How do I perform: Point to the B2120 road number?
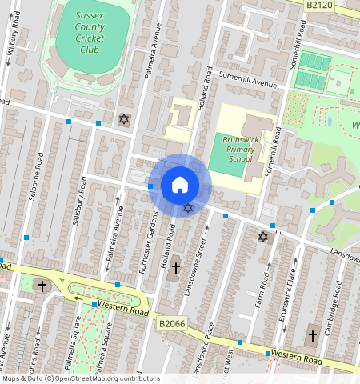click(x=318, y=5)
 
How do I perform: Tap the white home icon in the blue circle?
click(x=180, y=185)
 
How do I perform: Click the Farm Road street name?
click(x=263, y=291)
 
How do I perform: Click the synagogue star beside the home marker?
click(x=188, y=208)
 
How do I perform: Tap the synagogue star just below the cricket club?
click(x=123, y=119)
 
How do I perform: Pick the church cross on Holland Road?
click(x=175, y=267)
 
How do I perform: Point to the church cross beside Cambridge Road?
click(x=313, y=335)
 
